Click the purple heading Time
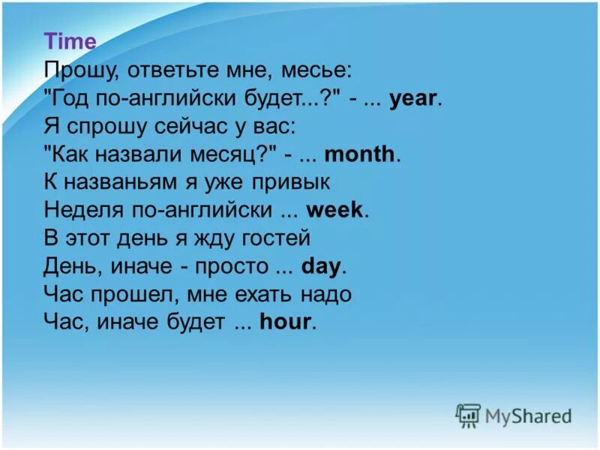(70, 42)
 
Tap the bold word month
(360, 154)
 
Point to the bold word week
(335, 210)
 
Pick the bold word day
(321, 265)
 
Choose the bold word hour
(285, 322)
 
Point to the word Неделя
(81, 210)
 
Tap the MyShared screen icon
(468, 415)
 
